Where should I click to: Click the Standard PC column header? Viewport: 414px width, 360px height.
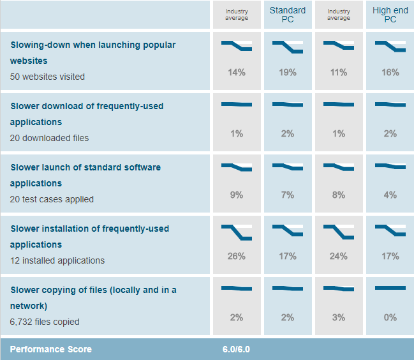[x=287, y=15]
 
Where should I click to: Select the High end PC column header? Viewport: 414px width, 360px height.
[x=390, y=15]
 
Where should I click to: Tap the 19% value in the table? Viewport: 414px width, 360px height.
[x=288, y=73]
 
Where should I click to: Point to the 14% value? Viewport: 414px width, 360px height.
[x=237, y=73]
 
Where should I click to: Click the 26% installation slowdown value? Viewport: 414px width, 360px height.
[x=237, y=257]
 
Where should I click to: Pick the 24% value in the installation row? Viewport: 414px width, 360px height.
[x=339, y=257]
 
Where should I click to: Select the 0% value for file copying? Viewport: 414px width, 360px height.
[x=390, y=318]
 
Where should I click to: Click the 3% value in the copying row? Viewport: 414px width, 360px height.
[x=339, y=318]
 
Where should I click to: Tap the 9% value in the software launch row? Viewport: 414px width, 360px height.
[x=237, y=195]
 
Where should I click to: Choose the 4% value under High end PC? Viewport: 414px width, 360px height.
[x=390, y=195]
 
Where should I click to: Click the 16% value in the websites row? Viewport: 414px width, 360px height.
[x=390, y=73]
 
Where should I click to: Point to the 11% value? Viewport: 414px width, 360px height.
[x=339, y=73]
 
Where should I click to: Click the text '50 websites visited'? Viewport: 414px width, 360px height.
[x=47, y=77]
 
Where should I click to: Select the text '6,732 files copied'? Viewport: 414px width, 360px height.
[x=45, y=322]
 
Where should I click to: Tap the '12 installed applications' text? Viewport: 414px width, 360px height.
[x=57, y=260]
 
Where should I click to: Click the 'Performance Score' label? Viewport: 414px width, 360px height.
[x=51, y=349]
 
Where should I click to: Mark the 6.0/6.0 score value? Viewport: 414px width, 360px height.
[x=237, y=349]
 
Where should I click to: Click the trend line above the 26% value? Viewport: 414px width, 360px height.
[x=237, y=232]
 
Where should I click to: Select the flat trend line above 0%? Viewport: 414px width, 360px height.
[x=390, y=289]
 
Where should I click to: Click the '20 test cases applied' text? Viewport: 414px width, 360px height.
[x=52, y=199]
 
